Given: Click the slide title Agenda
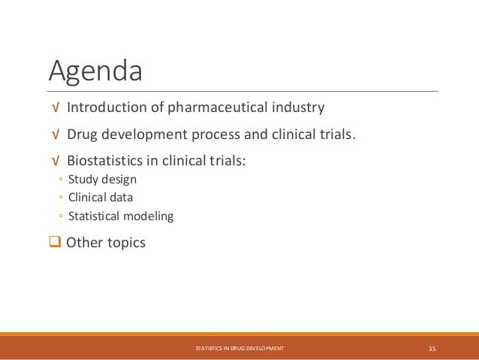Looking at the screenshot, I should tap(95, 72).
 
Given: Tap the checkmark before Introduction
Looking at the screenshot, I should tap(54, 108).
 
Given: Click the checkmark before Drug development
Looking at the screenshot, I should tap(54, 135).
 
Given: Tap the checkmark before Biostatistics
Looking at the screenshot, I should tap(54, 161).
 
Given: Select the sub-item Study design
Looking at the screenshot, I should tap(102, 180).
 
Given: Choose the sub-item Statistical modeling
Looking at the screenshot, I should tap(120, 216).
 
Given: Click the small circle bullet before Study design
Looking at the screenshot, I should tap(59, 180).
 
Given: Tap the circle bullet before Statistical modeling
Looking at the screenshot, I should tap(59, 216).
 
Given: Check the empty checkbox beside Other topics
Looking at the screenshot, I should tap(56, 243).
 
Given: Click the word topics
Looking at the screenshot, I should tap(125, 243).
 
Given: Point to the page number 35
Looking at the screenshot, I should tap(432, 348).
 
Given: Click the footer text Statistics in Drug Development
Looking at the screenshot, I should tap(239, 348).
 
